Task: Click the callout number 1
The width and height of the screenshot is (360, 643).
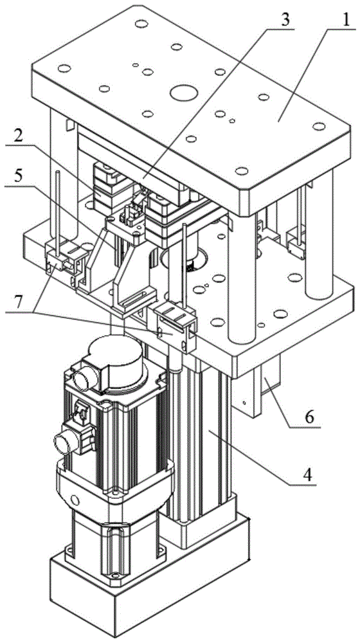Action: point(346,19)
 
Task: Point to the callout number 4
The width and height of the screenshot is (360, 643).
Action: point(307,475)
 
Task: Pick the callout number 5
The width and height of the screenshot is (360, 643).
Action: point(17,176)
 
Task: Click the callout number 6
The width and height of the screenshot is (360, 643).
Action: point(310,417)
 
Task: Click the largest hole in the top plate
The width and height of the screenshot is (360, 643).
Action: point(183,93)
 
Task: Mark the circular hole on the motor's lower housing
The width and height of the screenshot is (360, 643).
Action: point(74,500)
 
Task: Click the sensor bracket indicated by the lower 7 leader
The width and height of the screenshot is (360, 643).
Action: point(174,326)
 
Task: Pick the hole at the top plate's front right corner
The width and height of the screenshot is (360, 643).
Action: point(242,170)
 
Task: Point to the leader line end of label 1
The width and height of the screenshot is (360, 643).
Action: point(278,121)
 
